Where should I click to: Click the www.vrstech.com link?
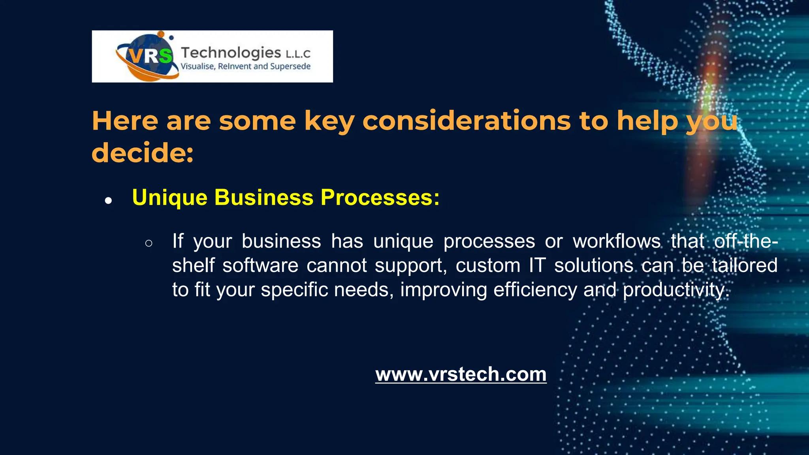(461, 374)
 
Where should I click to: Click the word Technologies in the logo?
(231, 52)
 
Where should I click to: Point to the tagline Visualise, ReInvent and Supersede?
(245, 66)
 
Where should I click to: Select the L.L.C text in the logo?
(298, 53)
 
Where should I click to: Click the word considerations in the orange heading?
(467, 120)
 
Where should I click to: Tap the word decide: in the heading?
(143, 153)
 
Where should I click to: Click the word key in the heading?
(329, 121)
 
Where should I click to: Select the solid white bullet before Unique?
(108, 201)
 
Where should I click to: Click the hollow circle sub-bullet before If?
(149, 243)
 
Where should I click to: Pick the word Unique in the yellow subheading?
(170, 197)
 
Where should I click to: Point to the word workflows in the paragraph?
(617, 241)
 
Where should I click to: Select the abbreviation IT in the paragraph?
(537, 265)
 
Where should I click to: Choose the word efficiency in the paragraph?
(535, 290)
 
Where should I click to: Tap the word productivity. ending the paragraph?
(676, 290)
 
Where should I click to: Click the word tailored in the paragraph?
(745, 265)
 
